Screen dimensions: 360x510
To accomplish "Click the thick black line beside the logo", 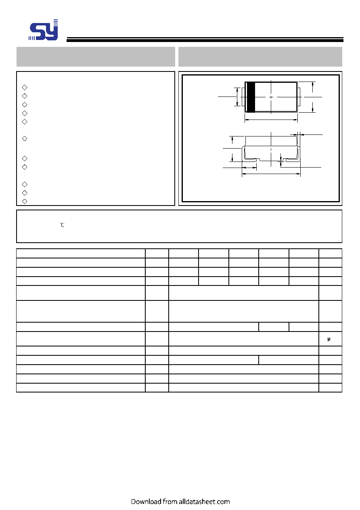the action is pos(205,40).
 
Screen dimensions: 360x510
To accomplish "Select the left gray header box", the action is pos(96,57).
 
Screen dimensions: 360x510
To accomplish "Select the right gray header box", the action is pos(260,57).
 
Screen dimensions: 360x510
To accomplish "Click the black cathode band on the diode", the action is pos(251,97).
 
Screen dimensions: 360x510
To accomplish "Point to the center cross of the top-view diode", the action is pos(271,97).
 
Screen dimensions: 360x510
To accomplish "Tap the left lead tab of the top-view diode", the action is pos(243,97).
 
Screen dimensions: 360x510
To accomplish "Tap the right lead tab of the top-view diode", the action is pos(299,97).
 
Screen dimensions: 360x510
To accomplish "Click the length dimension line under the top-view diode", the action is pos(271,120).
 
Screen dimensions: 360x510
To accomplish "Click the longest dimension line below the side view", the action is pos(271,174).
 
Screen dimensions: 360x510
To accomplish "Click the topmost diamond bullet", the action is pos(25,88).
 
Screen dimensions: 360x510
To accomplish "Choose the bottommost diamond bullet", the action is pos(25,201).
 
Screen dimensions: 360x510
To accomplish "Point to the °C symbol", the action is pos(62,225).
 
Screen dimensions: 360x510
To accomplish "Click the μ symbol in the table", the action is pos(329,339).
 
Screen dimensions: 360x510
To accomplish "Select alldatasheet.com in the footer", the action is pos(204,502).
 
